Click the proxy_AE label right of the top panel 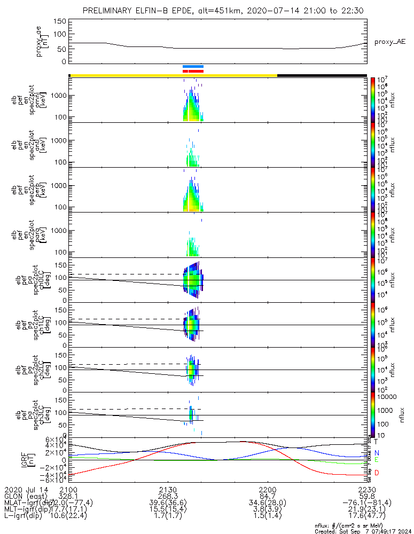click(x=389, y=42)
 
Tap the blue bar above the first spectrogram click(x=193, y=66)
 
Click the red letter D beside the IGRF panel click(x=377, y=473)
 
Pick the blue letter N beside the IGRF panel click(x=377, y=453)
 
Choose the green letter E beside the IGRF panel click(x=377, y=460)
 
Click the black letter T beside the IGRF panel click(x=377, y=442)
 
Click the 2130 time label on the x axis click(x=168, y=490)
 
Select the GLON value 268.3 click(x=168, y=496)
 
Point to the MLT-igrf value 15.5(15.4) click(x=168, y=509)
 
